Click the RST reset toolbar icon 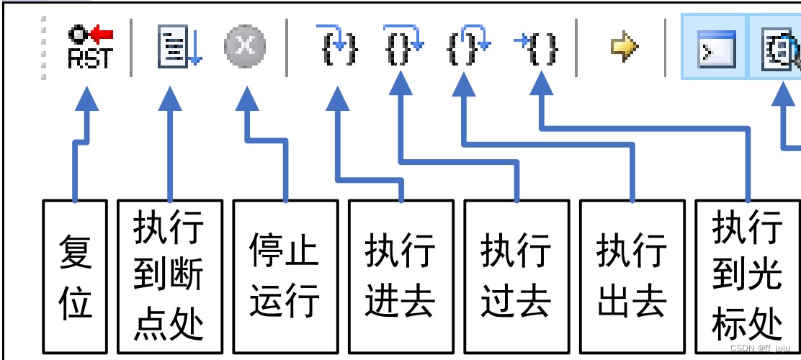pyautogui.click(x=90, y=48)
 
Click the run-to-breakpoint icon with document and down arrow pyautogui.click(x=179, y=48)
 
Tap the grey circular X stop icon pyautogui.click(x=245, y=48)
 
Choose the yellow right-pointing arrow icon pyautogui.click(x=624, y=48)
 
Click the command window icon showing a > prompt pyautogui.click(x=717, y=49)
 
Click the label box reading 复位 pyautogui.click(x=75, y=276)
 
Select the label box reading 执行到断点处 pyautogui.click(x=169, y=276)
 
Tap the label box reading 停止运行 pyautogui.click(x=285, y=276)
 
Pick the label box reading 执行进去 pyautogui.click(x=400, y=276)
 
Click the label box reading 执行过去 pyautogui.click(x=516, y=276)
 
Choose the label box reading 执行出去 pyautogui.click(x=632, y=276)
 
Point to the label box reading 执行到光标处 pyautogui.click(x=747, y=276)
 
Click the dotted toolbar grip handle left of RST pyautogui.click(x=44, y=48)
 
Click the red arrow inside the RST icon pyautogui.click(x=102, y=34)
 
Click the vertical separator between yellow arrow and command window pyautogui.click(x=666, y=48)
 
